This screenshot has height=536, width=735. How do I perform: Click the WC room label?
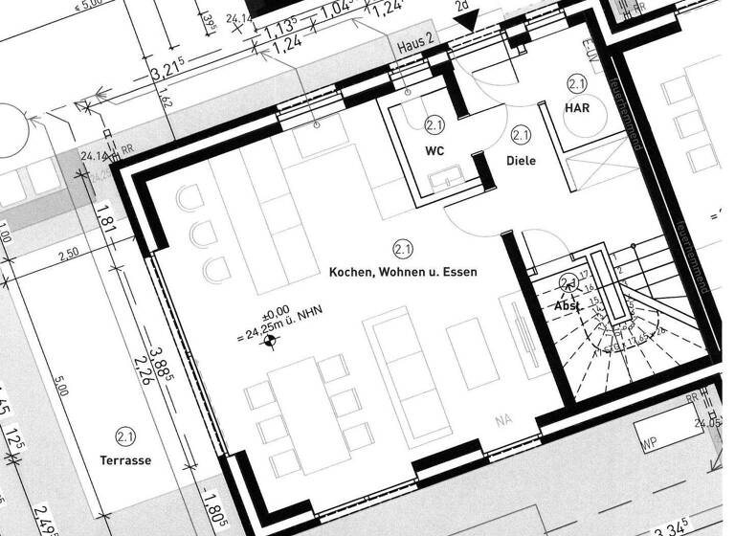point(435,151)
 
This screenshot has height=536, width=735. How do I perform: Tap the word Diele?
point(522,161)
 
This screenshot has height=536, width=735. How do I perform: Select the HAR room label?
point(577,109)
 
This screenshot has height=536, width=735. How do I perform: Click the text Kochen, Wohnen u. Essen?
point(403,272)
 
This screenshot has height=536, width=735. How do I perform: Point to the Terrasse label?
point(125,460)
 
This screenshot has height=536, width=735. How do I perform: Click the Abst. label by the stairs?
point(568,305)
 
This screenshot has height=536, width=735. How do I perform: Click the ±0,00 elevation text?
point(276,312)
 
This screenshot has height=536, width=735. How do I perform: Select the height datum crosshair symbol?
point(271,337)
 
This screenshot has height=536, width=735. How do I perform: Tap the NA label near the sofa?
point(503,418)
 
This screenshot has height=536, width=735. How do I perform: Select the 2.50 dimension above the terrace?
point(66,256)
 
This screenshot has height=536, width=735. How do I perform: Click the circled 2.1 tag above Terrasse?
point(125,437)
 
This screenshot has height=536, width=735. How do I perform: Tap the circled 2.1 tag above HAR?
point(577,84)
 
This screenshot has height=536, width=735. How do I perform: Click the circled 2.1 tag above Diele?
point(522,136)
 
